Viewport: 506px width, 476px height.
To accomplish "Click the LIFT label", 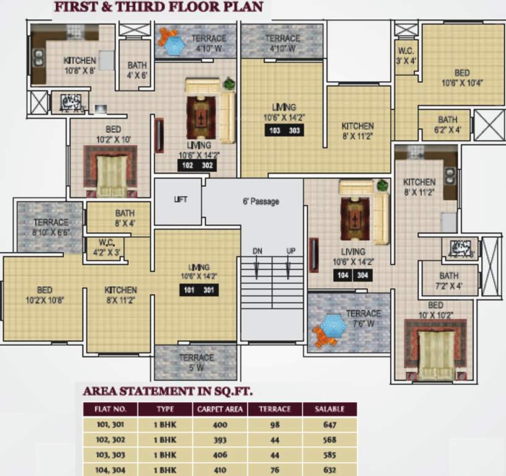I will click(x=180, y=200).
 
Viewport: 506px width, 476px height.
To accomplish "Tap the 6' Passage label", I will click(x=260, y=201).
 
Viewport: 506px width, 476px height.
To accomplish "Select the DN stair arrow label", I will click(x=257, y=251).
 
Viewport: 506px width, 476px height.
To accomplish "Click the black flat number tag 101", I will click(x=189, y=290).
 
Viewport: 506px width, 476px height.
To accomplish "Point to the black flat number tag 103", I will click(x=275, y=130).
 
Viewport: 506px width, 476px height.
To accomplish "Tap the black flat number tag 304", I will click(x=362, y=276).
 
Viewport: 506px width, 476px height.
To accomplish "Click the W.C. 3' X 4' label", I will click(x=406, y=55).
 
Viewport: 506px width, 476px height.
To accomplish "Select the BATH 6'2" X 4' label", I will click(x=447, y=124).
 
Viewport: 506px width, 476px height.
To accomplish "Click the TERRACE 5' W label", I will click(x=196, y=362).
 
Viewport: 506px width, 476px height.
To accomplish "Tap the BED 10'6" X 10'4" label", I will click(x=462, y=77).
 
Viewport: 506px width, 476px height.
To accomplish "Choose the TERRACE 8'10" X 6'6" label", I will click(x=51, y=227).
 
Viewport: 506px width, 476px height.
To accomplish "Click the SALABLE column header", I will click(x=329, y=410).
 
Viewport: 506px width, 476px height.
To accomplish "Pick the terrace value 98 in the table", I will click(x=275, y=425).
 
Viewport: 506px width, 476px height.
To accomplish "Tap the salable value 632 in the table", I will click(x=329, y=469).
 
